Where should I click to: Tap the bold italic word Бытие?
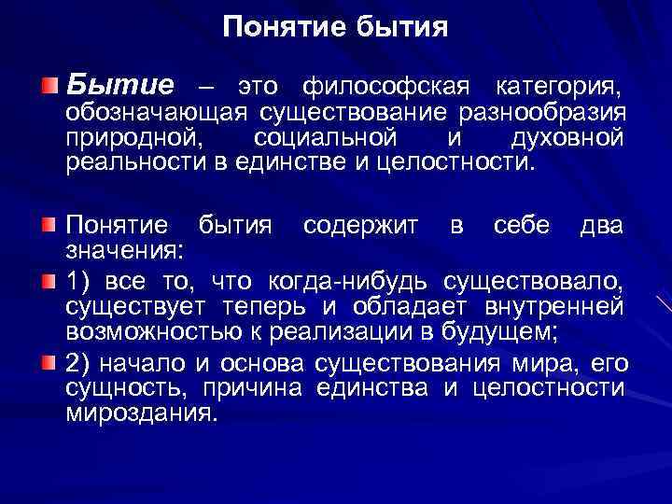coord(119,86)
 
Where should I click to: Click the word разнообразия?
coord(540,114)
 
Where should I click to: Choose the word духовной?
coord(567,138)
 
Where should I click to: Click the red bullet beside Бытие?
coord(49,86)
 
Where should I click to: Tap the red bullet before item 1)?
coord(49,279)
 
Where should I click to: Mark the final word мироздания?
coord(140,412)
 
